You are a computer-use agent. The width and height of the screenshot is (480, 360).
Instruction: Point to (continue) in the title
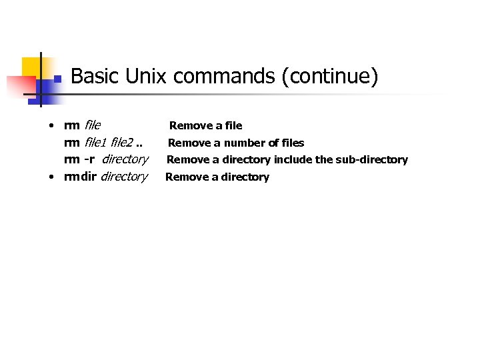(329, 77)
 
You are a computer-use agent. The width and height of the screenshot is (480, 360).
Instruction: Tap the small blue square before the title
(58, 79)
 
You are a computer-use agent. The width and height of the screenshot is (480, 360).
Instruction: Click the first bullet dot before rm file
(51, 125)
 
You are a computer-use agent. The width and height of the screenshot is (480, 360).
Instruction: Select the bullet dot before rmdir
(51, 177)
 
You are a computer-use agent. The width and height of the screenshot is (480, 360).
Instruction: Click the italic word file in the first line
(93, 125)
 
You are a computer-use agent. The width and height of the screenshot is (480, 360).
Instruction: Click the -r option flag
(89, 159)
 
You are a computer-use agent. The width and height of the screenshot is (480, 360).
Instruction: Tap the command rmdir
(80, 177)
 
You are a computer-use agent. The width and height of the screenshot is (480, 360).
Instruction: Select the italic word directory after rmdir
(123, 177)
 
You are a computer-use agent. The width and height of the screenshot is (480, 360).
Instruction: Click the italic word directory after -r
(125, 159)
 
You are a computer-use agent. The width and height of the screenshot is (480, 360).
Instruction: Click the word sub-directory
(371, 160)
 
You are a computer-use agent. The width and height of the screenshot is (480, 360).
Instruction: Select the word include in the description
(292, 160)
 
